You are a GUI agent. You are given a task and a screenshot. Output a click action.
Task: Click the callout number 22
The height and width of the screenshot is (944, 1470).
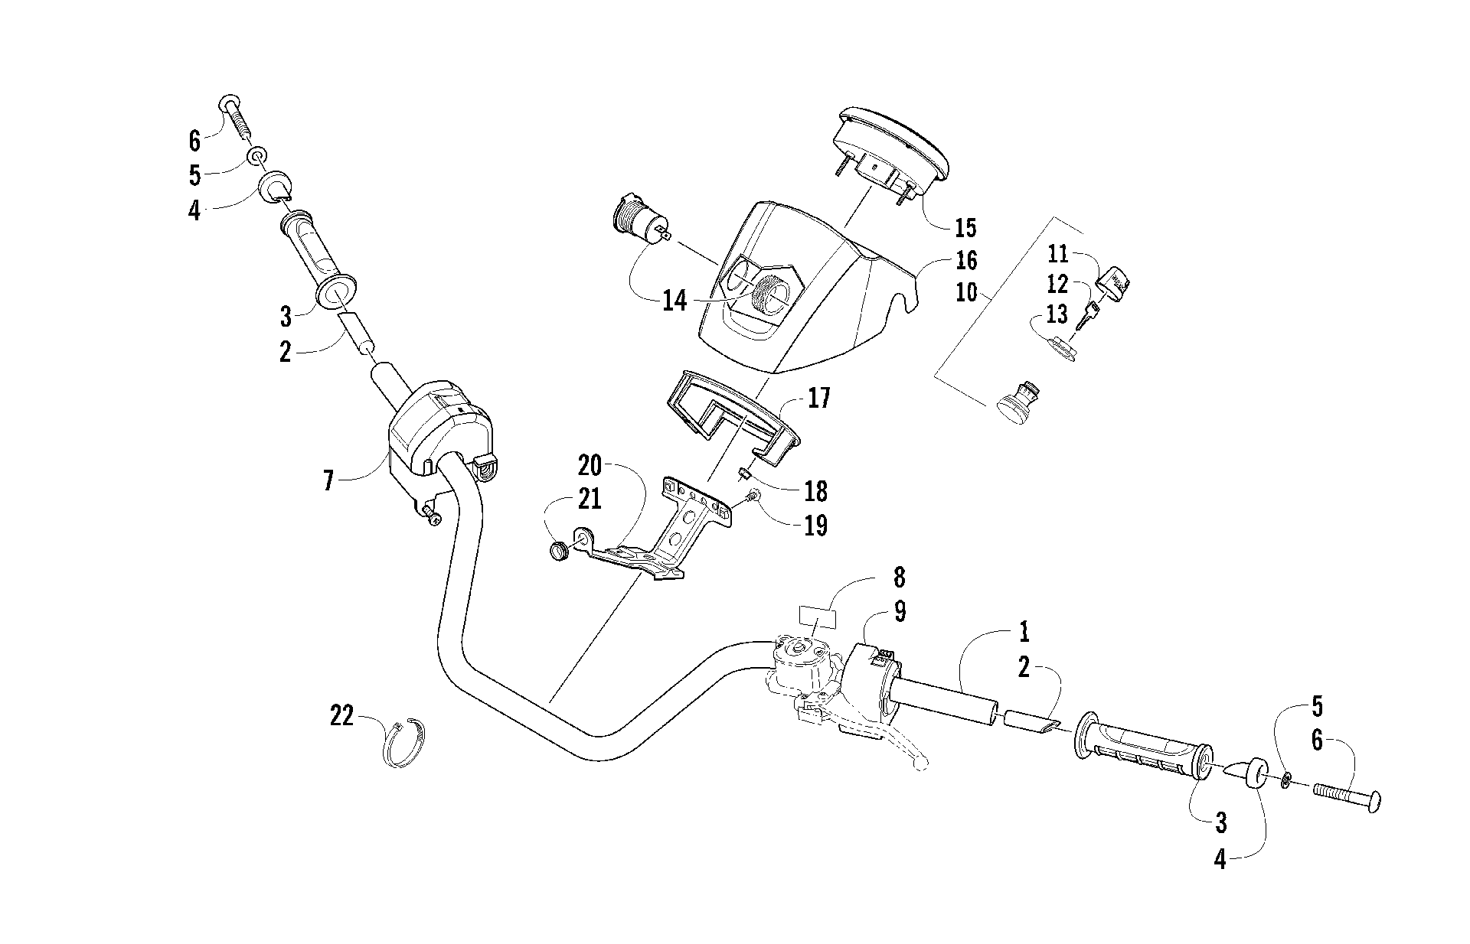(x=342, y=717)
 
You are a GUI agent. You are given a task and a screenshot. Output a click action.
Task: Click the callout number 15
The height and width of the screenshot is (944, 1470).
(x=965, y=227)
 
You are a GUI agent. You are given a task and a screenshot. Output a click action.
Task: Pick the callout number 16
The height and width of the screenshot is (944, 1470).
(x=966, y=260)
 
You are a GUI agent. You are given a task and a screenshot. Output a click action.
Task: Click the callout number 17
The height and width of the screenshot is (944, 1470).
(x=818, y=399)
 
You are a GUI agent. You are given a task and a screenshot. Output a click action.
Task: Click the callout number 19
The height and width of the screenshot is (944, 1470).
(x=816, y=526)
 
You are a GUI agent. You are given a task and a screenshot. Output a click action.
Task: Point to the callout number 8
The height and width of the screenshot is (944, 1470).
(x=899, y=575)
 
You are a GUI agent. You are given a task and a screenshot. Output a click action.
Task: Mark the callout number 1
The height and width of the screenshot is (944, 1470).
(x=1024, y=633)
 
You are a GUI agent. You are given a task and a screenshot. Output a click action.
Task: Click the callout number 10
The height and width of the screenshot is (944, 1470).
(x=967, y=292)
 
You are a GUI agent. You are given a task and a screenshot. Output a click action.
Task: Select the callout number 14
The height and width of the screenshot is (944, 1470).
(x=675, y=301)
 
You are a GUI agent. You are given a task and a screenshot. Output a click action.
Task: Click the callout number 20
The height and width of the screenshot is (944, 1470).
(x=590, y=465)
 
